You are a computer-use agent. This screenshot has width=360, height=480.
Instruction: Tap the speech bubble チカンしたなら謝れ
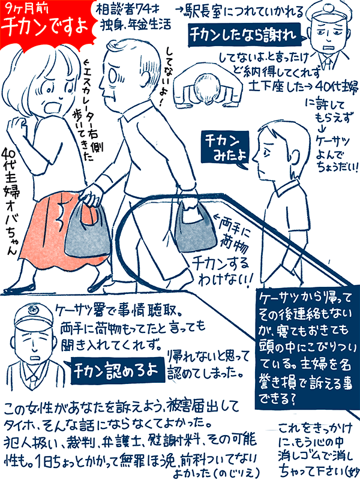244,35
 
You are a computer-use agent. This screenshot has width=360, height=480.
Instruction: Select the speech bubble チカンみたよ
225,147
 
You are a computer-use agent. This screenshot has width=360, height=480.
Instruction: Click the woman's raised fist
17,126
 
